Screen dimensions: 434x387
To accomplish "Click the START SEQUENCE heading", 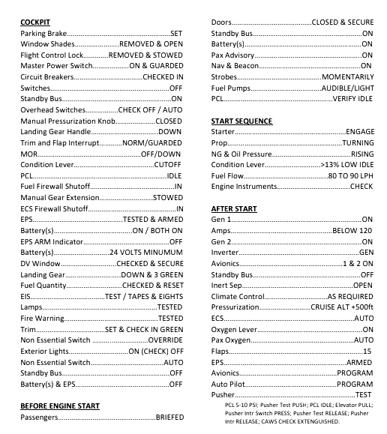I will (x=241, y=121).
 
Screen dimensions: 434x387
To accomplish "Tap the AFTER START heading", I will (x=234, y=208).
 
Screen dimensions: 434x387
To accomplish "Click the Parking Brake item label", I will (x=43, y=34).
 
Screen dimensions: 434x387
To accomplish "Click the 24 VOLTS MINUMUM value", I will (x=146, y=253).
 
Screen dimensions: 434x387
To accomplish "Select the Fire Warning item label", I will (x=42, y=318).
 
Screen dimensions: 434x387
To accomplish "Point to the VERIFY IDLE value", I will (x=352, y=99).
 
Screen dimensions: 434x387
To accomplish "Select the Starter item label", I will (x=224, y=131).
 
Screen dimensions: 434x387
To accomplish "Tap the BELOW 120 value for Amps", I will (x=352, y=230).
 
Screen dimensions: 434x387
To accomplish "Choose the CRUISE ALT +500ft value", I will (x=342, y=307).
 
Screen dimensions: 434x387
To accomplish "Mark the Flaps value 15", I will (x=367, y=351).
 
